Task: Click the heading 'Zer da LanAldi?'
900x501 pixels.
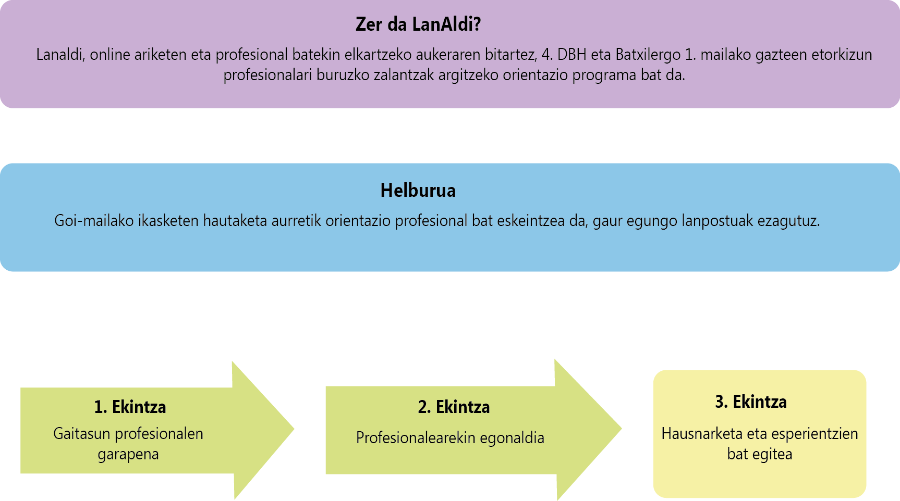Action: (418, 24)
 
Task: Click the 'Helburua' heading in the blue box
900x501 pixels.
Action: (418, 191)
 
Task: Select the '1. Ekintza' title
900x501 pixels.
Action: (130, 407)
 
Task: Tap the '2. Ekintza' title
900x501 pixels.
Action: (454, 407)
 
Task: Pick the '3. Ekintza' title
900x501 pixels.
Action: (751, 402)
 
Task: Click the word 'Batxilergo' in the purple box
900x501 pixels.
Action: (648, 55)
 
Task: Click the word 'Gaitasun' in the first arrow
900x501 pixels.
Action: (81, 433)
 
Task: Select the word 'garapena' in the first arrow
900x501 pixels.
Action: (128, 455)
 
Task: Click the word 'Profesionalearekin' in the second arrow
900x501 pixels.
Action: (416, 438)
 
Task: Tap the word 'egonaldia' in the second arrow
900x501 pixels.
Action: (512, 439)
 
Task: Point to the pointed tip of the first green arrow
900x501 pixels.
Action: (294, 430)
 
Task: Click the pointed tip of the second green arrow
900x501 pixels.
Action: (622, 430)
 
